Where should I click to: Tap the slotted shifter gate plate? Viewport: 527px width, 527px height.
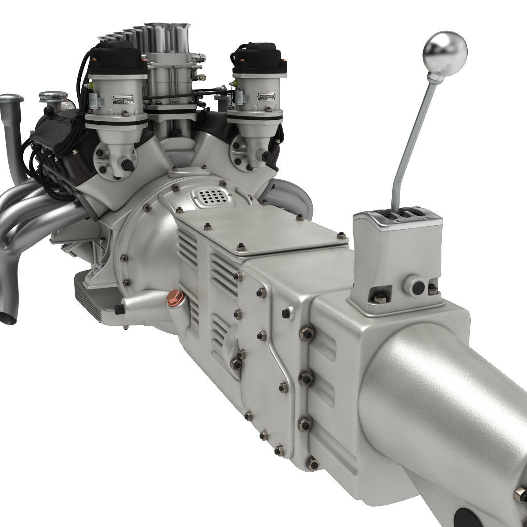tap(397, 218)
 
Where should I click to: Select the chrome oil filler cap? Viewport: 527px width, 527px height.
tap(52, 96)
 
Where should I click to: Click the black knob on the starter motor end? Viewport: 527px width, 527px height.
tap(119, 310)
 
